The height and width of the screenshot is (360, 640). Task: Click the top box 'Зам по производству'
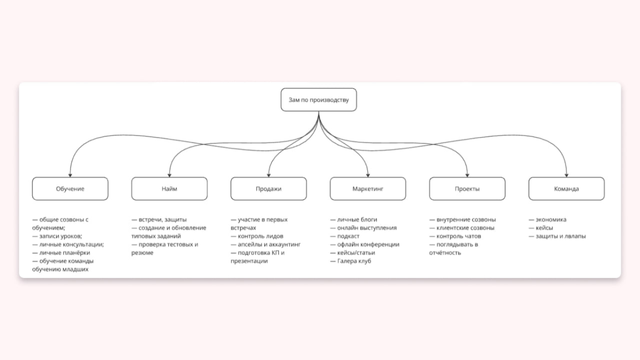[x=318, y=100]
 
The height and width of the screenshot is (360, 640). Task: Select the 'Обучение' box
[x=70, y=189]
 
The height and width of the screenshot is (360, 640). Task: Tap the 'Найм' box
[x=170, y=189]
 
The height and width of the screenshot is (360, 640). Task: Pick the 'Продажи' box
[x=269, y=189]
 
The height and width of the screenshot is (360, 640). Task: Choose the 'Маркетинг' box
[x=367, y=189]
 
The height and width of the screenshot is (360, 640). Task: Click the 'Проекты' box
[x=467, y=189]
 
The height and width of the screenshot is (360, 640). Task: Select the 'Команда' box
[x=566, y=189]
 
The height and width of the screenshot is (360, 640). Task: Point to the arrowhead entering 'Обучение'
[x=70, y=175]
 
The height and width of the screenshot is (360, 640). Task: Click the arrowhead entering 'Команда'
[x=566, y=175]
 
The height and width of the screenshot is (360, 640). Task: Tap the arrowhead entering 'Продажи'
[x=269, y=175]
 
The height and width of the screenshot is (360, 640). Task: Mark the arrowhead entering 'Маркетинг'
[x=367, y=175]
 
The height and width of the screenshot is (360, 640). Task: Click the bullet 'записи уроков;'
[x=57, y=236]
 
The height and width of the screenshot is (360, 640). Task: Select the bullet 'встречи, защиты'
[x=159, y=220]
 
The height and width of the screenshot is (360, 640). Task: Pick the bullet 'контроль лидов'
[x=257, y=236]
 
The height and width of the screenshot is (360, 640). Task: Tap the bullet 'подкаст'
[x=345, y=236]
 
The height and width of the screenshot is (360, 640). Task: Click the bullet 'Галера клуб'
[x=350, y=261]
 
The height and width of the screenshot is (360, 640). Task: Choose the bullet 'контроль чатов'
[x=455, y=236]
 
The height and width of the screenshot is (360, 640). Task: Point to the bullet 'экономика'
[x=547, y=220]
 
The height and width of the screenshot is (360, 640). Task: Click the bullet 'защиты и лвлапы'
[x=557, y=236]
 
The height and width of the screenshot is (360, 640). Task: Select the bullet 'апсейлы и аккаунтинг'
[x=266, y=245]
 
